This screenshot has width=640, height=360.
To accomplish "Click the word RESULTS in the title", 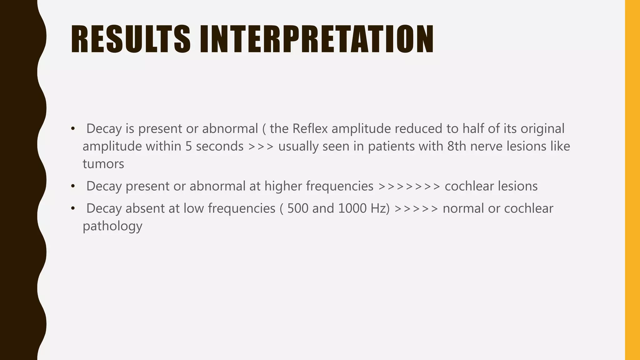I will [x=131, y=39].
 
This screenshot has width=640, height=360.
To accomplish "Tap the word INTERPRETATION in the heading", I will [x=317, y=39].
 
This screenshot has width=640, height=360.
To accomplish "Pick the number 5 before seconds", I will [x=188, y=146].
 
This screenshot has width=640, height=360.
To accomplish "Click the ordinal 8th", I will [x=457, y=146].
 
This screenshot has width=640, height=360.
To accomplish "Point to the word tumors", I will [x=103, y=164].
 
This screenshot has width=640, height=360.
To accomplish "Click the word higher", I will [x=283, y=186].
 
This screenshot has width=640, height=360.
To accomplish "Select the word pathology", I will [x=112, y=226].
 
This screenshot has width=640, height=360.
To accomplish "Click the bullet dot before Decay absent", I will [x=73, y=208].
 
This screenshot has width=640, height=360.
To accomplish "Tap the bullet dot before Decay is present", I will [x=73, y=128].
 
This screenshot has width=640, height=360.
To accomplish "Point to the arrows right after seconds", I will [x=261, y=146].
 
